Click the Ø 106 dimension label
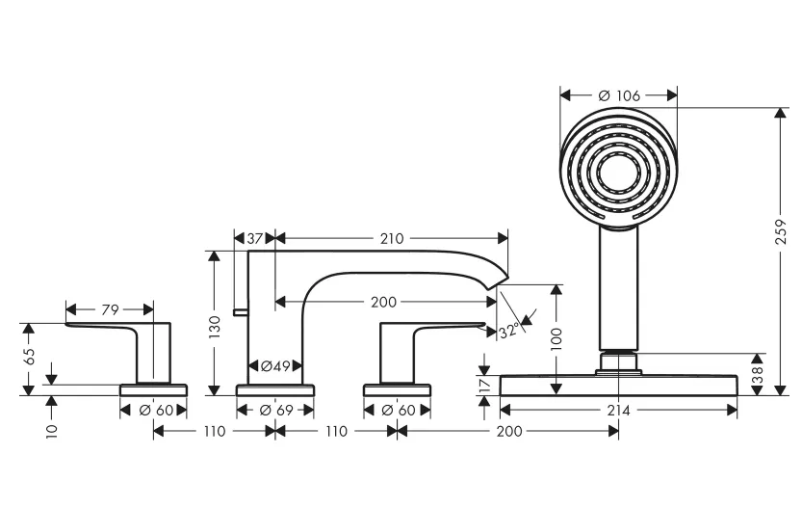619,95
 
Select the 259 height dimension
781,231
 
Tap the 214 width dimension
618,411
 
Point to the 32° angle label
509,331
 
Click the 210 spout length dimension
392,238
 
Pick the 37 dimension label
255,238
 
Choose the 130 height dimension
215,327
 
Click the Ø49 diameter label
275,365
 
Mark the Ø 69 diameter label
276,411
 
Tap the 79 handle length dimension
110,309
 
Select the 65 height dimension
29,357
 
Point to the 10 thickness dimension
52,431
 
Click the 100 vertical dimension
556,339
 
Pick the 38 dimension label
758,374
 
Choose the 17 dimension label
485,385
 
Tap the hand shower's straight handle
619,289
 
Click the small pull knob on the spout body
241,312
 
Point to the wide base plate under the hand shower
618,386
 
